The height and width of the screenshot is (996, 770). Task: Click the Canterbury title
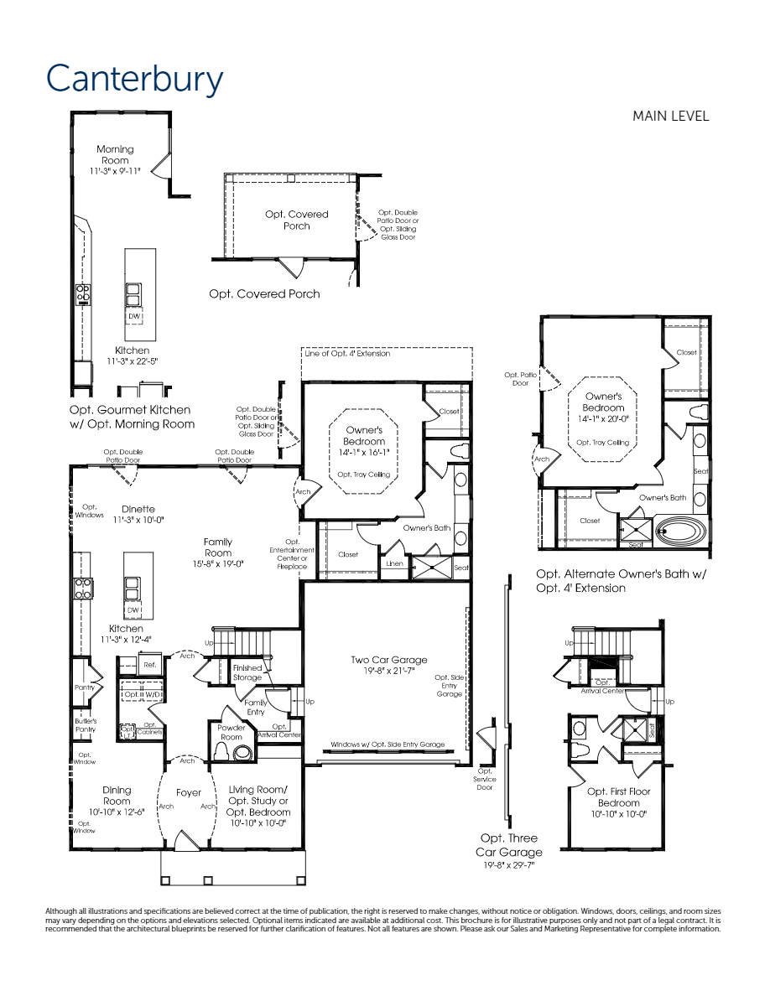(135, 80)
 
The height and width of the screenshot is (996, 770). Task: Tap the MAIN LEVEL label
(670, 117)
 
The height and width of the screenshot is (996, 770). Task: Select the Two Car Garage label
(388, 666)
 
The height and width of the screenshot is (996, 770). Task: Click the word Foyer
(189, 792)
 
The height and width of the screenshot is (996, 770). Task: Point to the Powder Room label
(232, 733)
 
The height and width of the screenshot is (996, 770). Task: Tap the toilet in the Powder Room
(243, 752)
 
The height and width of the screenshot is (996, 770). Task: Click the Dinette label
(138, 514)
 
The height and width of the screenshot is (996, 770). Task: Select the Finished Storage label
(247, 672)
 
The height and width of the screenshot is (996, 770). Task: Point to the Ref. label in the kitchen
(149, 665)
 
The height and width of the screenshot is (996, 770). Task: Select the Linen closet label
(394, 564)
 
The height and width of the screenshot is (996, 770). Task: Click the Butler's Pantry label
(86, 724)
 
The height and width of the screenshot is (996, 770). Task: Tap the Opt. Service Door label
(485, 779)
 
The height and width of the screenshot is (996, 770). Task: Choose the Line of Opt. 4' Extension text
(346, 354)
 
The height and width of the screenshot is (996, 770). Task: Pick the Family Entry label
(256, 707)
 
